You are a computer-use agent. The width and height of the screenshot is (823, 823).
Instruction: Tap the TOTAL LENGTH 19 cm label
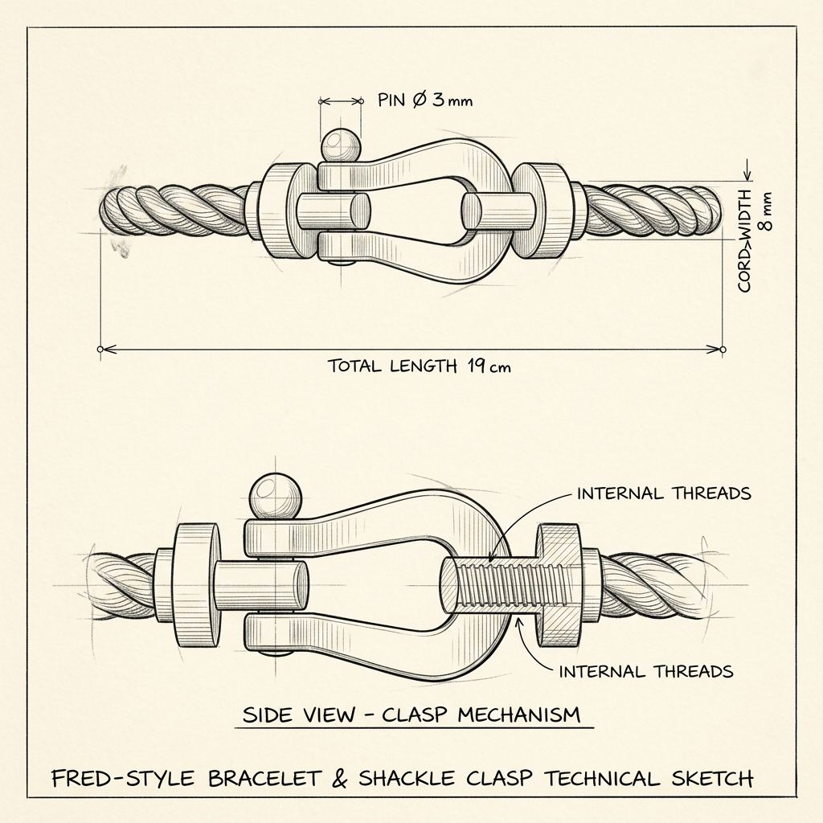pyautogui.click(x=419, y=366)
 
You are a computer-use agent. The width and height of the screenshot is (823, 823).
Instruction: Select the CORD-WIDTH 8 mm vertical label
pyautogui.click(x=754, y=240)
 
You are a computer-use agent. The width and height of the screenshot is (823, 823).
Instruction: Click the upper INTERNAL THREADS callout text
pyautogui.click(x=664, y=493)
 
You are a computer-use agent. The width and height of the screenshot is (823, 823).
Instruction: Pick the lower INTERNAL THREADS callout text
pyautogui.click(x=645, y=671)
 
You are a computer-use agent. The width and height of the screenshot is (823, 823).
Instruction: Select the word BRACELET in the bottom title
pyautogui.click(x=264, y=778)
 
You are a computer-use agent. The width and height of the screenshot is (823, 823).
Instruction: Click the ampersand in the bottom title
pyautogui.click(x=340, y=778)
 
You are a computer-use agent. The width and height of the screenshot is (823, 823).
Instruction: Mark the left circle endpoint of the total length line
pyautogui.click(x=100, y=349)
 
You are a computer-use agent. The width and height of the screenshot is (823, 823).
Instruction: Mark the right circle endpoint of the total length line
pyautogui.click(x=723, y=349)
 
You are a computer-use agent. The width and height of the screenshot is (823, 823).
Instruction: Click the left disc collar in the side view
pyautogui.click(x=197, y=585)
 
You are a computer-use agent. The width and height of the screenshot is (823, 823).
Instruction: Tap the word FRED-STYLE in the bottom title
pyautogui.click(x=123, y=778)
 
